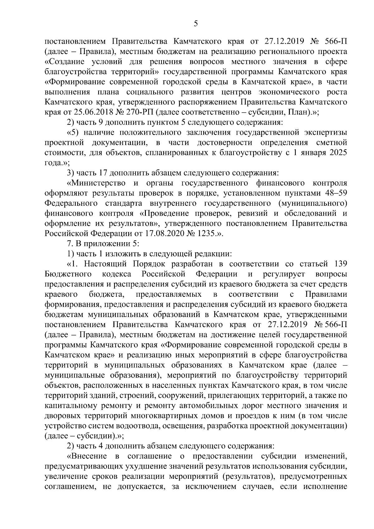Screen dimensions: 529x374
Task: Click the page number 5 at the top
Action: tap(196, 23)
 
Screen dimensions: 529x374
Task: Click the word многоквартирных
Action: tap(162, 416)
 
